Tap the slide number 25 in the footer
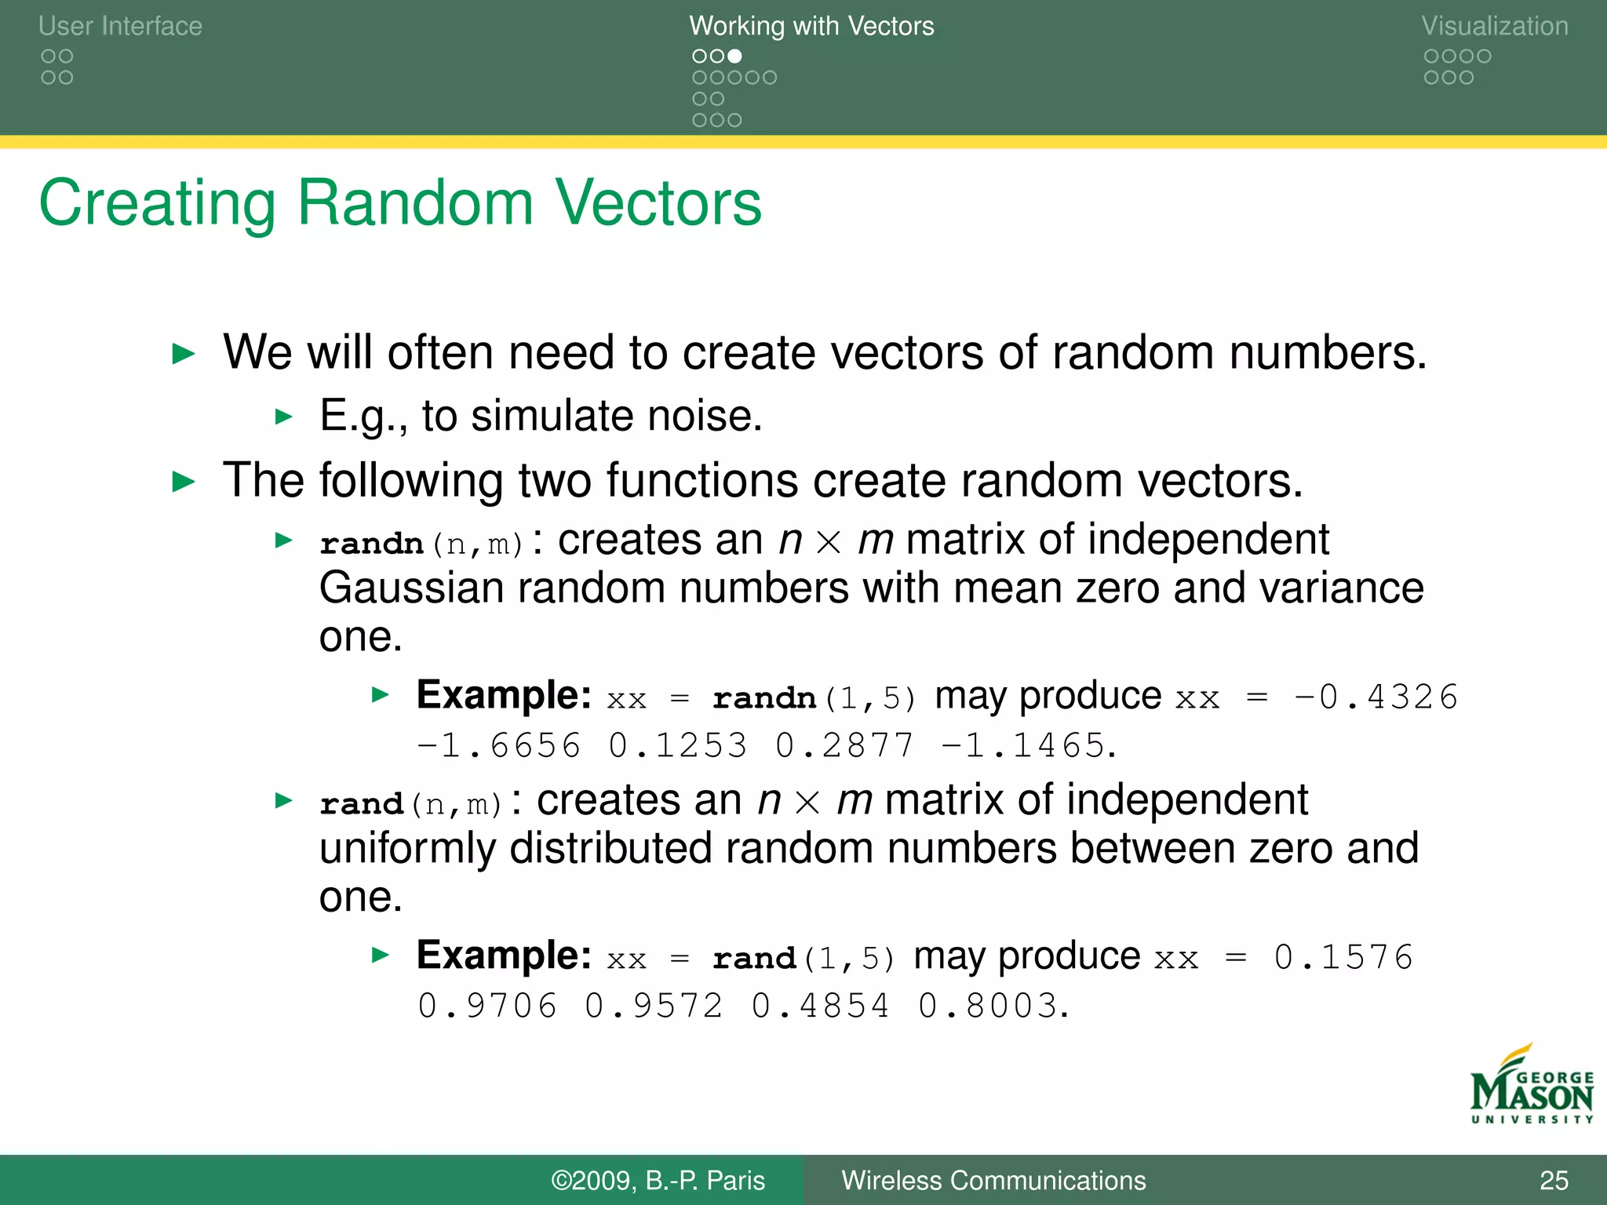click(x=1553, y=1180)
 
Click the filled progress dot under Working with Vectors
click(x=734, y=56)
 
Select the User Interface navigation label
click(x=120, y=26)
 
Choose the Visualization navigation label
click(x=1494, y=26)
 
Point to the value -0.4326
click(x=1376, y=697)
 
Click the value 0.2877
click(x=844, y=745)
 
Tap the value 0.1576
click(x=1343, y=957)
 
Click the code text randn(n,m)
click(x=421, y=543)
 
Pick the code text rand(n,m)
click(x=410, y=803)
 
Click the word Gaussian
click(x=411, y=588)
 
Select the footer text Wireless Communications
click(x=993, y=1180)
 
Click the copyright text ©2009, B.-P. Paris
click(x=658, y=1180)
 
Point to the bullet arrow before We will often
click(x=184, y=354)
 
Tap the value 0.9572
click(x=654, y=1006)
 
